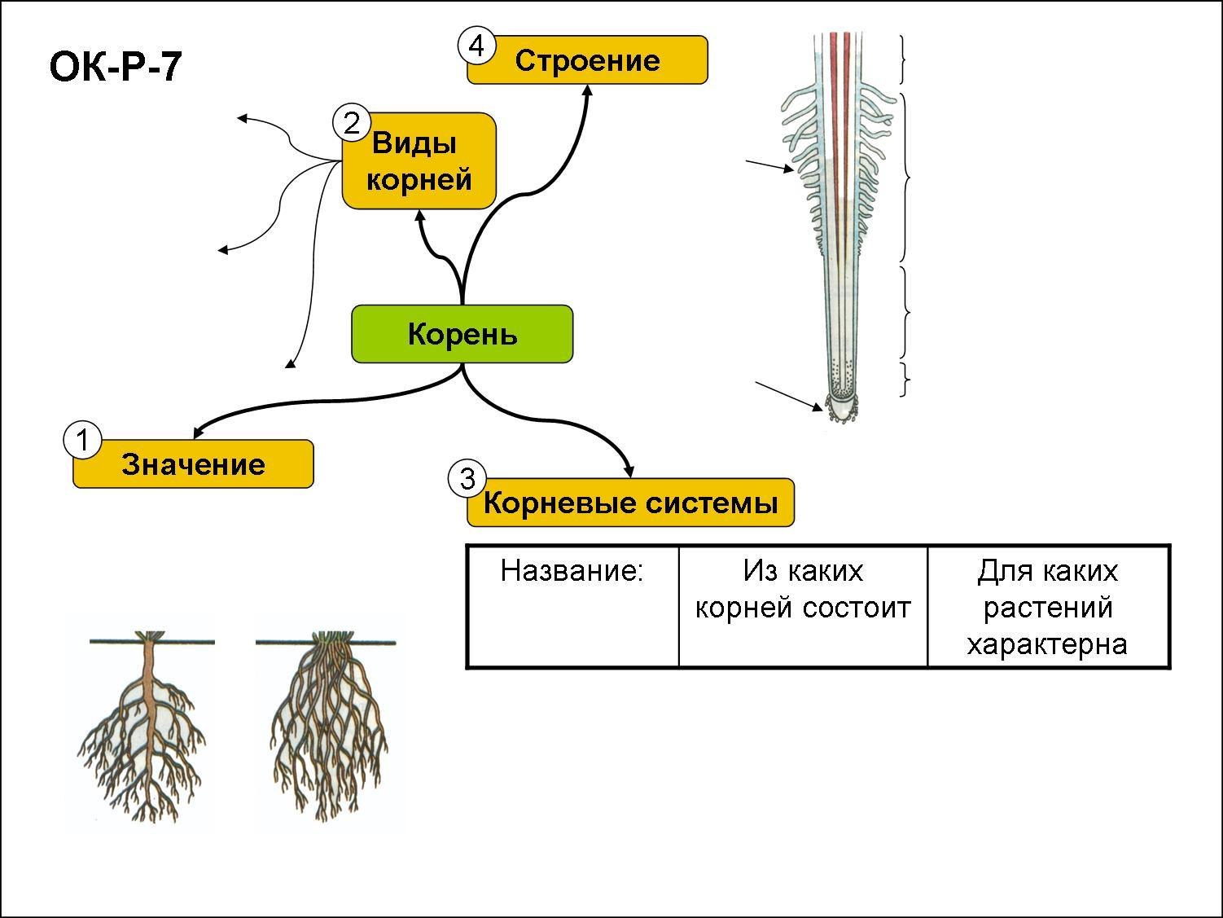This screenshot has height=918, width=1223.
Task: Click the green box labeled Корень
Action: point(462,334)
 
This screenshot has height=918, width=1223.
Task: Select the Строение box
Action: point(587,60)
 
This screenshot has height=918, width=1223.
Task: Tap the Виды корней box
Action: point(419,161)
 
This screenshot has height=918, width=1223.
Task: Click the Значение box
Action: point(193,464)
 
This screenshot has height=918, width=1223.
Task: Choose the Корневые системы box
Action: point(630,503)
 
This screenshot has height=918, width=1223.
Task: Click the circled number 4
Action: point(476,46)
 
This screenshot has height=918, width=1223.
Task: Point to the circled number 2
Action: point(351,123)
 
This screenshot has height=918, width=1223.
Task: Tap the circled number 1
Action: point(81,440)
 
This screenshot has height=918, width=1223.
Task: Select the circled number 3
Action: point(467,479)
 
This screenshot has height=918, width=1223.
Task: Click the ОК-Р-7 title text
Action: point(115,67)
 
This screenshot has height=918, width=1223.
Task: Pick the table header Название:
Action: point(572,571)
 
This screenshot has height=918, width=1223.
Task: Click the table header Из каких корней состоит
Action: point(803,589)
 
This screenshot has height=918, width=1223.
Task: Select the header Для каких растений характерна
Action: point(1047,608)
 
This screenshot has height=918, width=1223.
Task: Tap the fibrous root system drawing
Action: point(328,725)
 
